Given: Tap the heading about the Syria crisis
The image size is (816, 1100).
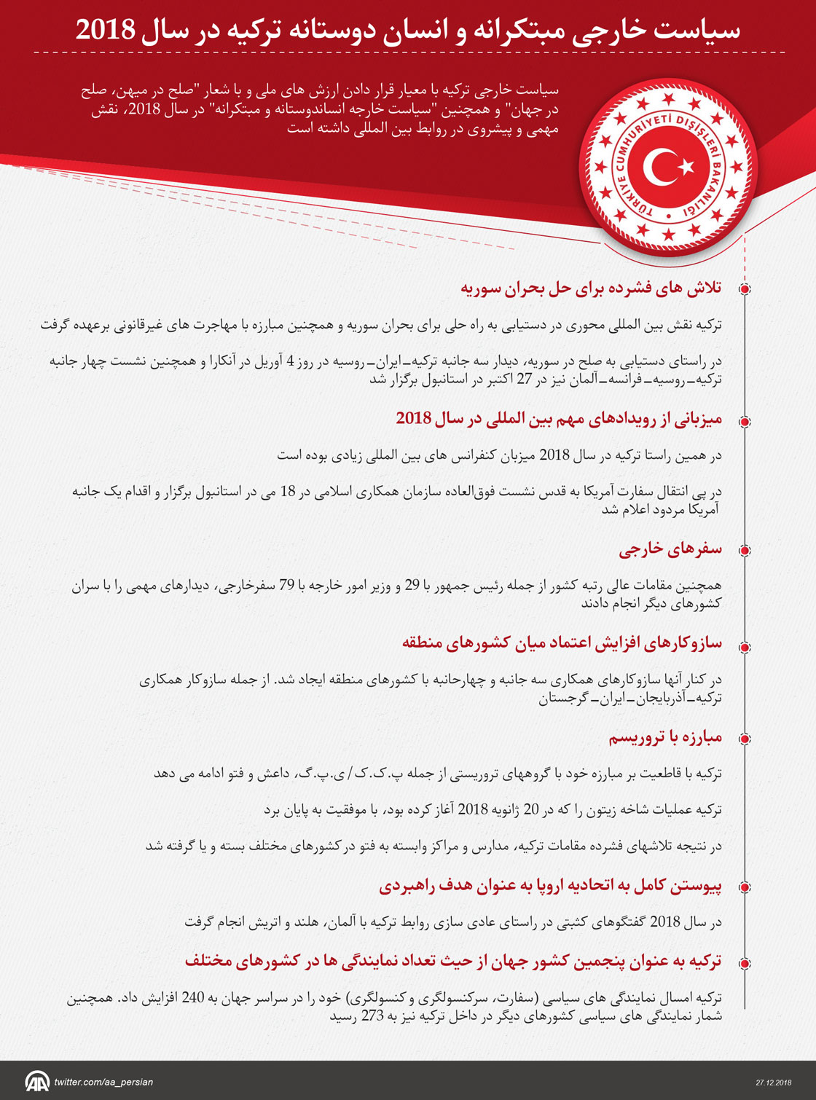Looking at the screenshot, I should click(590, 288).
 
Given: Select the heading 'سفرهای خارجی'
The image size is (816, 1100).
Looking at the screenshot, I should click(670, 549).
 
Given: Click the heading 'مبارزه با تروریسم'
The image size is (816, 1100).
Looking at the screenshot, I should click(665, 738).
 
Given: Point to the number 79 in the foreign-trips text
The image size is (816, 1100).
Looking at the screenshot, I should click(286, 586).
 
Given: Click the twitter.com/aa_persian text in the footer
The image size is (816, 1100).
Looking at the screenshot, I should click(103, 1082).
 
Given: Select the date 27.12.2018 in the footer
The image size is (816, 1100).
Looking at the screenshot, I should click(773, 1083).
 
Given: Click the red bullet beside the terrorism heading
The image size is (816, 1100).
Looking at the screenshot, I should click(745, 739).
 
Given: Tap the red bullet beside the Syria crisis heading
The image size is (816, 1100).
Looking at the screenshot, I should click(745, 289).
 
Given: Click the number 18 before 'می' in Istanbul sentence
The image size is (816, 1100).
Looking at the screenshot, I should click(288, 492).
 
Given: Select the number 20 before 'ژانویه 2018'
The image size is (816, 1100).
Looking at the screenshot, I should click(532, 809).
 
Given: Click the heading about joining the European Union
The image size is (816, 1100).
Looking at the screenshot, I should click(550, 887).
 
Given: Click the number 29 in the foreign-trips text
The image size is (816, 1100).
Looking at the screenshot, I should click(412, 586).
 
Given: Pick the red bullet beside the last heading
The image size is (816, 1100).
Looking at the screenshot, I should click(745, 963).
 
